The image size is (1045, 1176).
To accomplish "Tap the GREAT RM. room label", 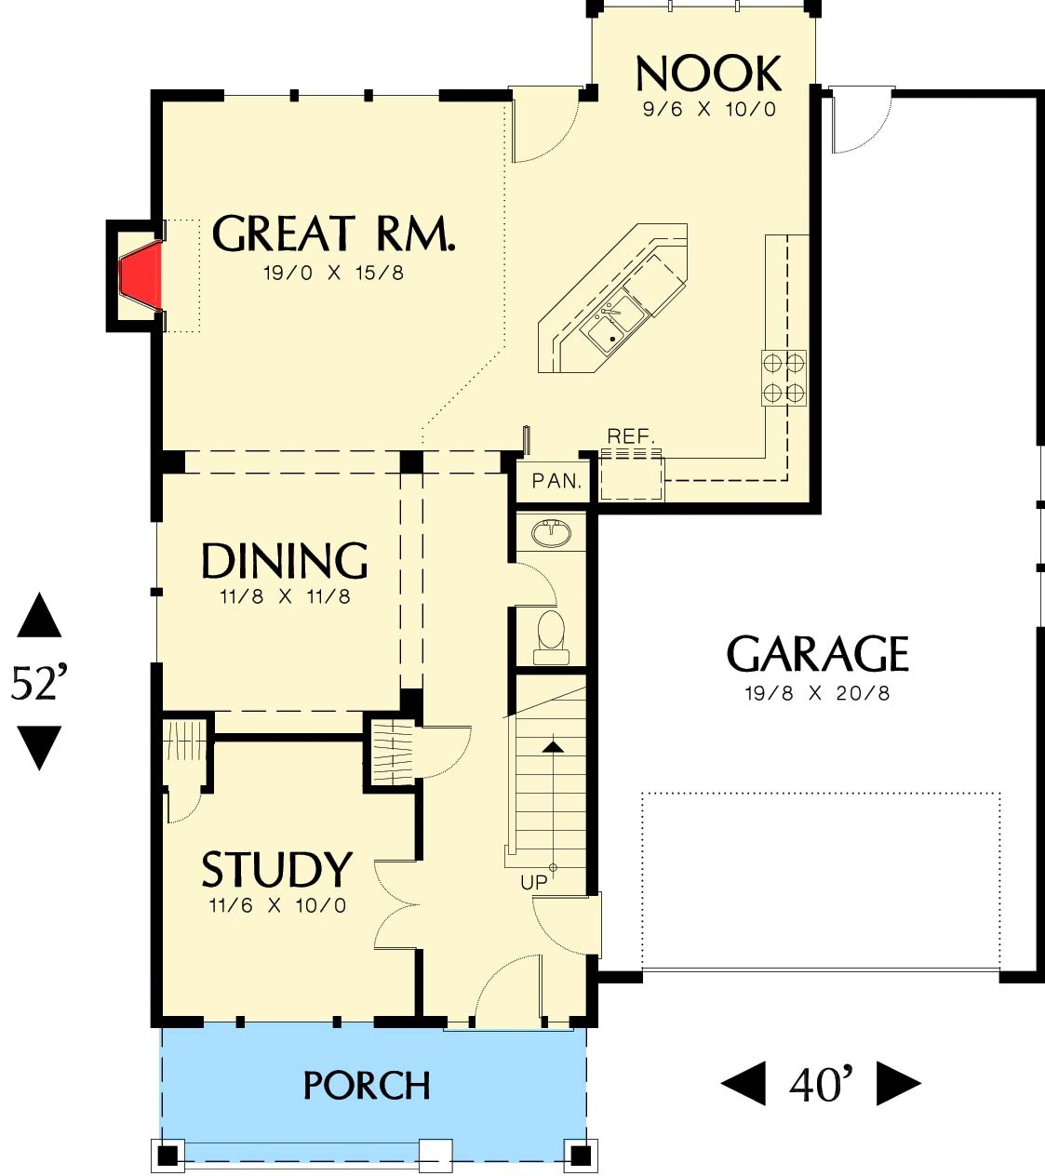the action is click(333, 233).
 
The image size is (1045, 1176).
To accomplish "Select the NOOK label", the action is click(708, 73).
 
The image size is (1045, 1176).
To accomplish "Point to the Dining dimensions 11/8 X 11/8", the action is click(285, 596).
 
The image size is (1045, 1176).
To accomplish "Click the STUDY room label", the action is click(276, 869).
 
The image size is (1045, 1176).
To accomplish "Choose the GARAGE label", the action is click(817, 654).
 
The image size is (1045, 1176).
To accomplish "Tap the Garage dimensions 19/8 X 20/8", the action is click(817, 693).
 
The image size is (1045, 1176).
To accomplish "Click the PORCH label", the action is click(367, 1086).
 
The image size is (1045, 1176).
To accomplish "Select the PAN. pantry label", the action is click(556, 481).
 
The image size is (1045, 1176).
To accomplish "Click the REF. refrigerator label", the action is click(631, 436).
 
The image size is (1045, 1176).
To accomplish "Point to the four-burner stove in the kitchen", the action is click(784, 378).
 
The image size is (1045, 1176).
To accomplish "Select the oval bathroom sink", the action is click(552, 533).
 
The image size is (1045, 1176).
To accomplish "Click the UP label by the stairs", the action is click(534, 883).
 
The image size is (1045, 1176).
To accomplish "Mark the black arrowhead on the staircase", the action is click(554, 746).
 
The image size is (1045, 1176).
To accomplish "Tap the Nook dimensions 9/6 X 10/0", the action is click(709, 109).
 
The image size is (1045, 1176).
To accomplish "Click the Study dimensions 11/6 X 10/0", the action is click(277, 905).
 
